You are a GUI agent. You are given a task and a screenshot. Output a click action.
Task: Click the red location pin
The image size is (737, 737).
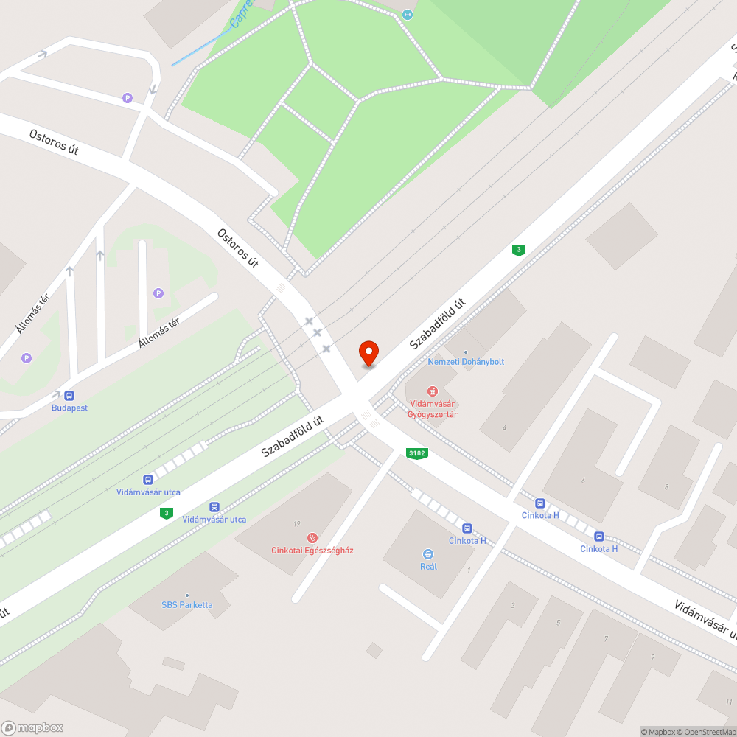click(368, 354)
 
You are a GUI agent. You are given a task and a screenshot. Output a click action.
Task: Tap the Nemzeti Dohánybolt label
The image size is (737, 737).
click(466, 362)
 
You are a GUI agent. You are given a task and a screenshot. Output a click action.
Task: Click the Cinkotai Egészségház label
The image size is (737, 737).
click(312, 551)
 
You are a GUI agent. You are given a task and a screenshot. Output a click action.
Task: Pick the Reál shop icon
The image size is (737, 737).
click(428, 553)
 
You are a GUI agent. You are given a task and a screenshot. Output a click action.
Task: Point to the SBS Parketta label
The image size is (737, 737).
click(187, 605)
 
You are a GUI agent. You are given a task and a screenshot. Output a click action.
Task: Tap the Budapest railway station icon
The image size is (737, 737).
click(69, 396)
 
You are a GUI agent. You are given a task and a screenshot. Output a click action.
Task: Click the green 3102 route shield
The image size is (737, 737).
click(417, 453)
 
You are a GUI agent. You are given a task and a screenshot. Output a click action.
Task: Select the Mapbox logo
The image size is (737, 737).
click(33, 727)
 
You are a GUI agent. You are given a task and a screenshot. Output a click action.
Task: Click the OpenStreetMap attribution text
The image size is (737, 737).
click(706, 732)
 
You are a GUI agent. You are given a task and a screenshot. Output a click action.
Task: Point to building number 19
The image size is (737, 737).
click(296, 524)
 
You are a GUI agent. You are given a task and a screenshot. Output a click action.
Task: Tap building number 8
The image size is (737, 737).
click(666, 487)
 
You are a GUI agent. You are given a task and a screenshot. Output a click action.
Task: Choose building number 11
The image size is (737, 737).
click(729, 702)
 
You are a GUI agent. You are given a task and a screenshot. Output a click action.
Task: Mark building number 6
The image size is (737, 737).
click(583, 481)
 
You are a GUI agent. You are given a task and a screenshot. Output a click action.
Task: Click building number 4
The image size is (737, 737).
click(504, 427)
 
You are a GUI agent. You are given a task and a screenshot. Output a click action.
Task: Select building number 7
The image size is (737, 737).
click(606, 638)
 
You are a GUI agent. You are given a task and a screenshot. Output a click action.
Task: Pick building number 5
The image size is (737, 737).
click(558, 623)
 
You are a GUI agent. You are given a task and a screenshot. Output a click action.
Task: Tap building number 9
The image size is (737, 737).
click(652, 657)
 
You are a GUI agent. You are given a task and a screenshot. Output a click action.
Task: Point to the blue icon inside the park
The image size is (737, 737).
click(408, 14)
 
